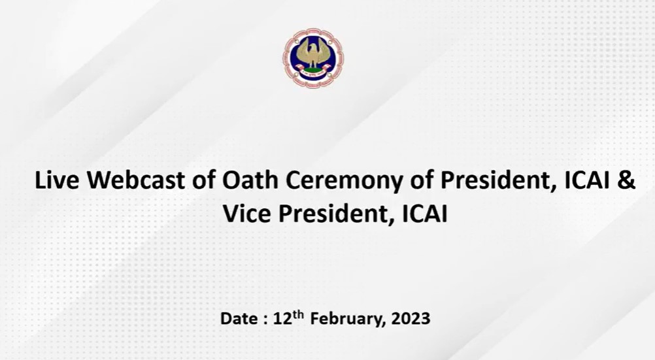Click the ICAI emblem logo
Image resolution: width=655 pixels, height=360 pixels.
[x=314, y=58]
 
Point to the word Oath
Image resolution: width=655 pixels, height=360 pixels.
[x=250, y=180]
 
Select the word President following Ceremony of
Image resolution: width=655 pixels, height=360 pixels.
[x=499, y=180]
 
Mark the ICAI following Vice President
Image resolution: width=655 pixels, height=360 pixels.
[x=425, y=214]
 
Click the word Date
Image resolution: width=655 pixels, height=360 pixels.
[x=238, y=319]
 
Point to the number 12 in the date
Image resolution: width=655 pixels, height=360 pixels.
[x=282, y=319]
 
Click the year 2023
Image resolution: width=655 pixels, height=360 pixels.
[x=411, y=319]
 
